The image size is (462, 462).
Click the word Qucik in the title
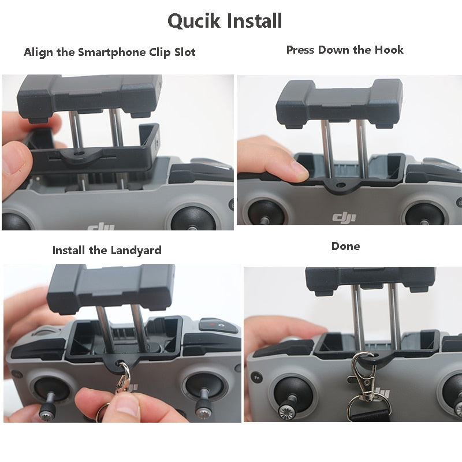193,21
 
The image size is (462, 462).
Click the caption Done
345,246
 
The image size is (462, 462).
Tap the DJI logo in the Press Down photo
344,218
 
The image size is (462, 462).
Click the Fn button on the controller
256,378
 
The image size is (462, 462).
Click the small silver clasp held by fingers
124,379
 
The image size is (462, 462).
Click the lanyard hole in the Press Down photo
341,185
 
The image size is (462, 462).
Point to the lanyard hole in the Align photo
80,153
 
